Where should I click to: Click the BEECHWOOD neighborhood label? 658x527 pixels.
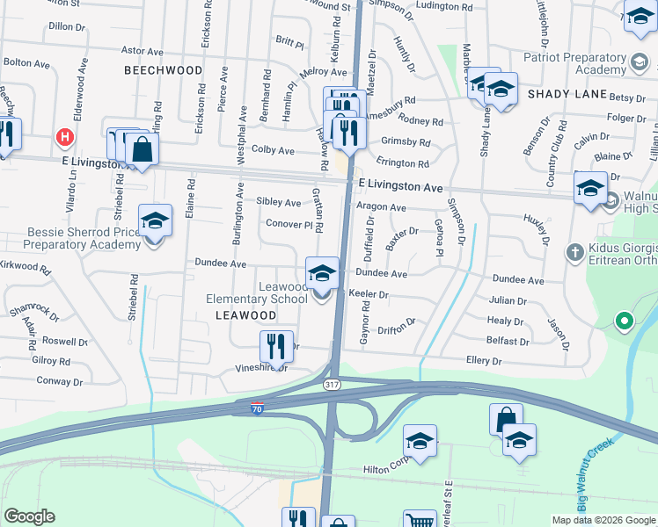click(163, 69)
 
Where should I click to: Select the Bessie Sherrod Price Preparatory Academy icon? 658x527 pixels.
click(155, 223)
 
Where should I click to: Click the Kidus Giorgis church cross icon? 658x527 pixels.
click(574, 253)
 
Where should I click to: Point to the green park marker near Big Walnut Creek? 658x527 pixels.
click(624, 321)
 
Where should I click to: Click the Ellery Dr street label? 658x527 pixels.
click(484, 361)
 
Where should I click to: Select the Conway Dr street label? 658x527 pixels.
click(60, 381)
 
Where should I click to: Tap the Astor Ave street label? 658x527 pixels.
click(143, 52)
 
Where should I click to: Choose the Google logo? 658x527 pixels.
click(29, 516)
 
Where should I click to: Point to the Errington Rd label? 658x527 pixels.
click(403, 163)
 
